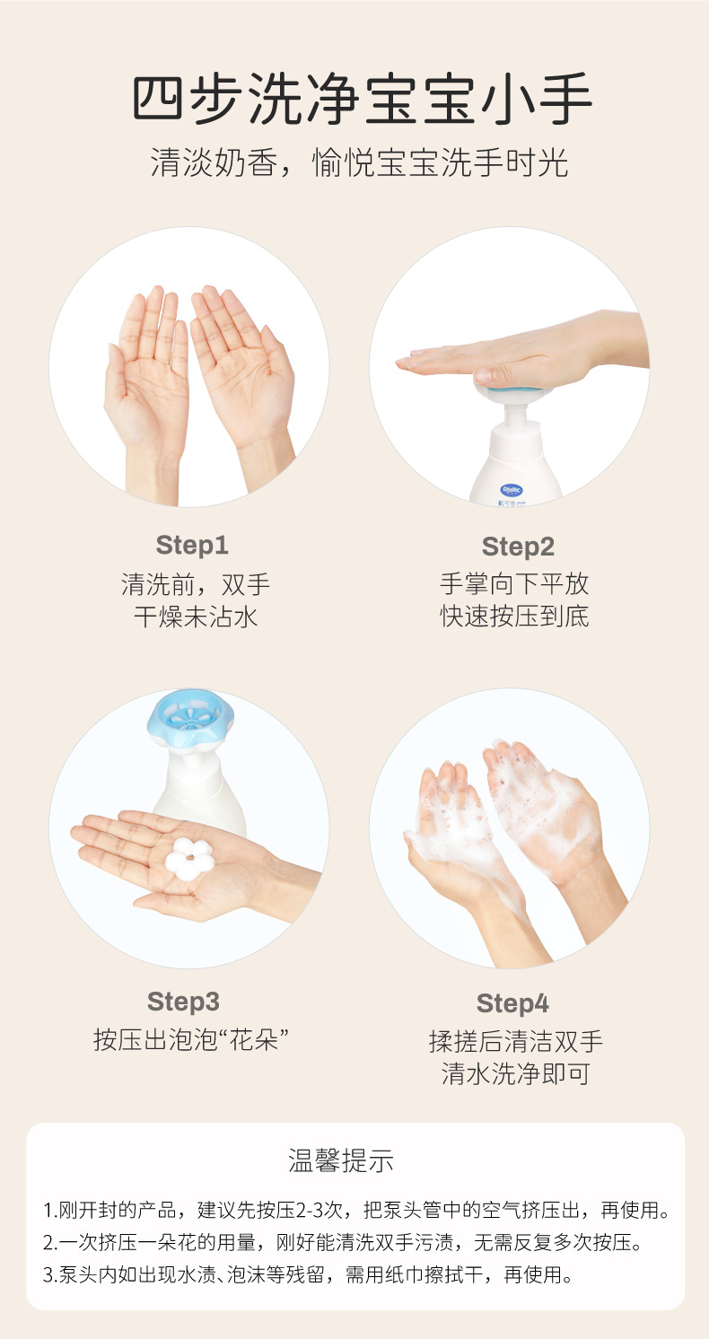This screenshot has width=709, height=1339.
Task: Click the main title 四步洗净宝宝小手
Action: (x=362, y=99)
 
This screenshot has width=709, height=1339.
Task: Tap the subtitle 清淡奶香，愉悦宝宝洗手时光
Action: (x=359, y=162)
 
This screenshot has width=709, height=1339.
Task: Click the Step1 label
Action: (x=192, y=545)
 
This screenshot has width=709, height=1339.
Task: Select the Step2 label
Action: (x=518, y=547)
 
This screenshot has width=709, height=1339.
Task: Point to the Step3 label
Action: (x=183, y=1002)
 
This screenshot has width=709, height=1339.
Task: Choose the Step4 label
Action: (x=512, y=1003)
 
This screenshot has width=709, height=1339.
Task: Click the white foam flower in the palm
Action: (x=188, y=859)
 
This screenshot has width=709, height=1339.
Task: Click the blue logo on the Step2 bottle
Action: (x=512, y=490)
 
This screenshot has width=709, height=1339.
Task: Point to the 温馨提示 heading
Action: (x=341, y=1160)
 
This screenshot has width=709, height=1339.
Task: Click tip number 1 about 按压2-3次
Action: (x=356, y=1210)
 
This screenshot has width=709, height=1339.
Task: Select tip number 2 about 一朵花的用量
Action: (x=343, y=1242)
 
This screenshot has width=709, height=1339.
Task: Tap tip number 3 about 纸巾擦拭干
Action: (x=308, y=1274)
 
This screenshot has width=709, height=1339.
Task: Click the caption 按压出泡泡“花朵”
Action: (x=191, y=1039)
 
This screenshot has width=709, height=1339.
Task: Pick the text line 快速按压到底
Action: (x=515, y=617)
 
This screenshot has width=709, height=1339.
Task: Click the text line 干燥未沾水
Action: (x=196, y=617)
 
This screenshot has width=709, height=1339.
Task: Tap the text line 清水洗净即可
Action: (x=515, y=1073)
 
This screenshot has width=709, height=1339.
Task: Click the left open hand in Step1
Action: (x=150, y=389)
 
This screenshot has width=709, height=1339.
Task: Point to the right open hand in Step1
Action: (x=245, y=382)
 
